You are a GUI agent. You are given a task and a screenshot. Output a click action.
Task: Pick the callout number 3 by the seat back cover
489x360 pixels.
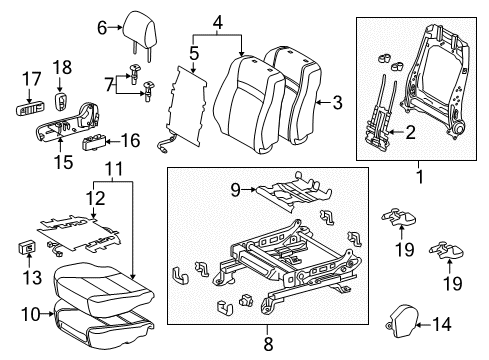tap(337, 100)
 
